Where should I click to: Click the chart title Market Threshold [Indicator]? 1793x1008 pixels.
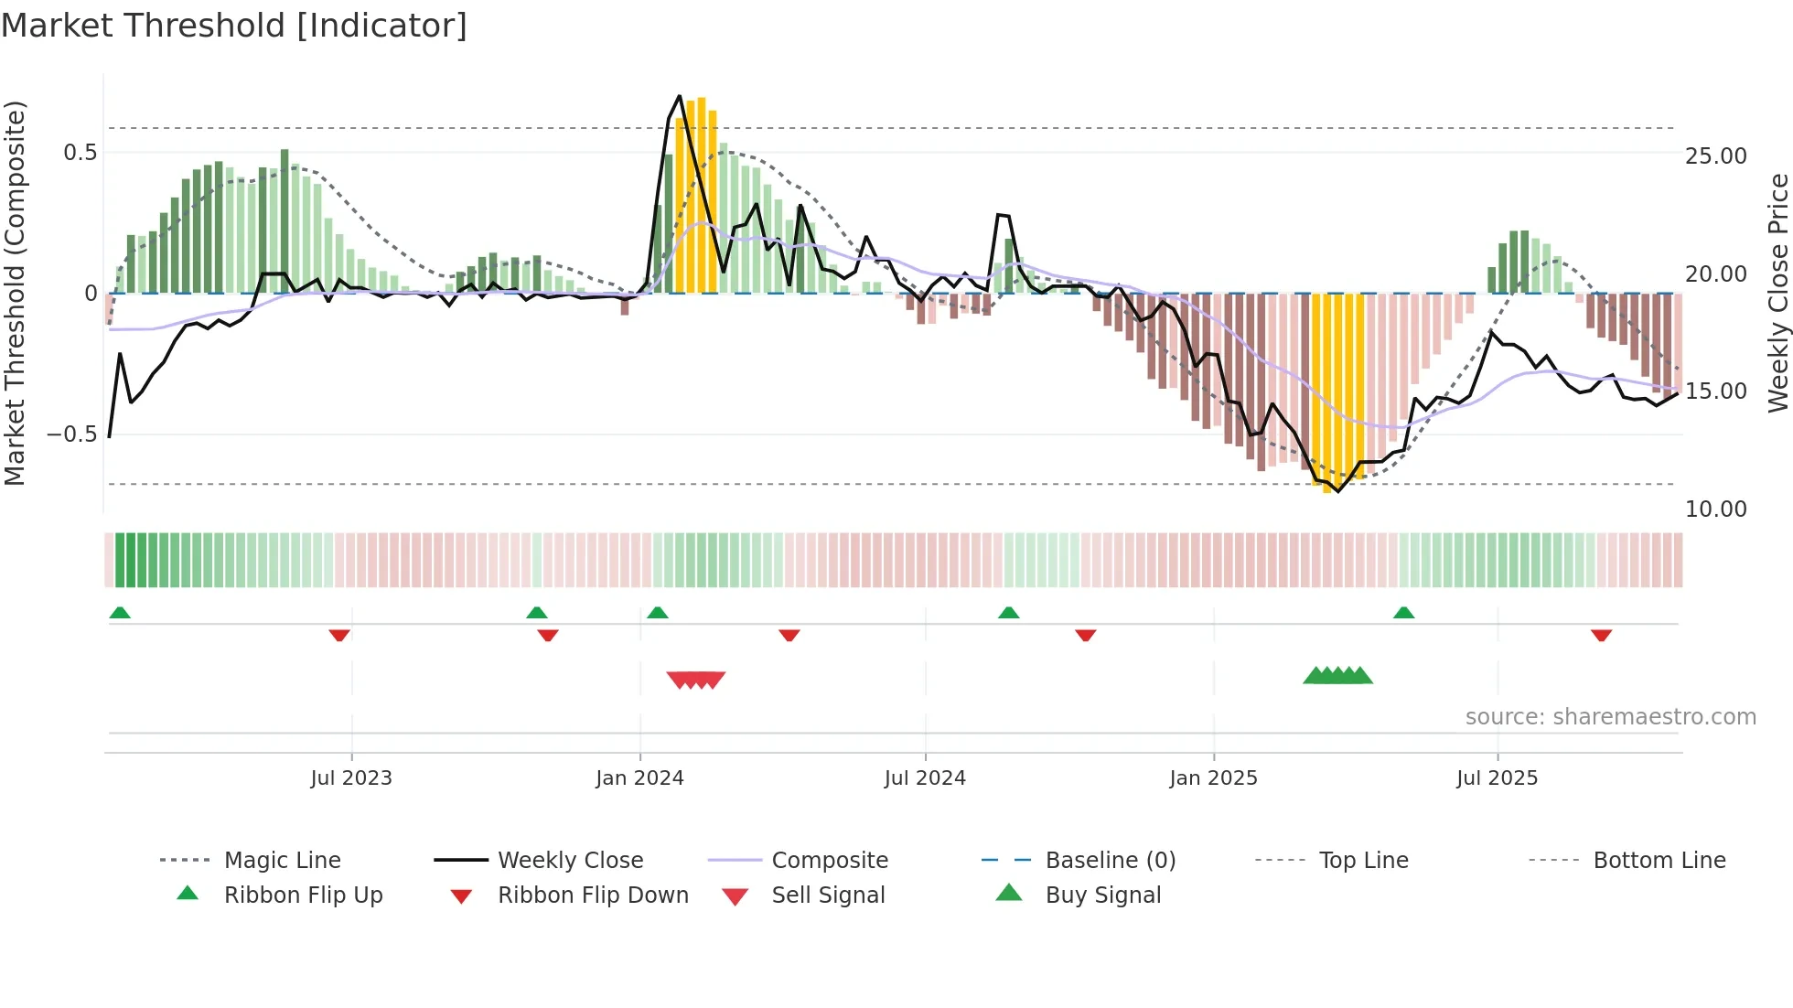pos(234,26)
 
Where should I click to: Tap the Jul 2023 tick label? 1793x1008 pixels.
pos(351,778)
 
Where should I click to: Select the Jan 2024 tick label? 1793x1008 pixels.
pos(639,778)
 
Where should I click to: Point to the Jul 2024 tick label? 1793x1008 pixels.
pos(925,778)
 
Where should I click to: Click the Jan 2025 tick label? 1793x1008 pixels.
pos(1213,778)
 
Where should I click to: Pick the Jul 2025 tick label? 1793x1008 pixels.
pos(1498,778)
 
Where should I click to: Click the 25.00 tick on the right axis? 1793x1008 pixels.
pos(1716,156)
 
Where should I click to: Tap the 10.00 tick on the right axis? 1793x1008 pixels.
pos(1716,509)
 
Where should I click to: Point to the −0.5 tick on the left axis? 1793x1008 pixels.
pos(72,434)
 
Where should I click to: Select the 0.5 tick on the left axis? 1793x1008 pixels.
pos(81,153)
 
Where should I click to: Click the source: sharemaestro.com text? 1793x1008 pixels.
pos(1610,717)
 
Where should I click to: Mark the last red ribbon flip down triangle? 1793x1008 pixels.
pos(1601,636)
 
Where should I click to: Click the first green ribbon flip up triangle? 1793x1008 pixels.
pos(120,613)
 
